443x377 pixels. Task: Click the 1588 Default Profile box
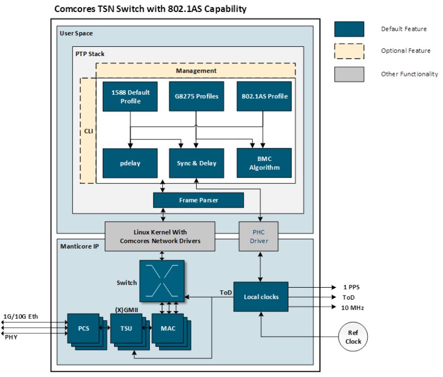tap(130, 96)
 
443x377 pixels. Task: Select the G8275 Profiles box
tap(196, 96)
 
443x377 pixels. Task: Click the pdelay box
tap(130, 163)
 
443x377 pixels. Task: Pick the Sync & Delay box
tap(196, 163)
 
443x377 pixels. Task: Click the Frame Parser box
tap(199, 200)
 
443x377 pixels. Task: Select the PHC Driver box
tap(258, 236)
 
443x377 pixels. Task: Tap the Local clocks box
tap(261, 297)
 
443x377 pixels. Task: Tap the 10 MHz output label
tap(352, 307)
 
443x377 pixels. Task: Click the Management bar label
tap(196, 70)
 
